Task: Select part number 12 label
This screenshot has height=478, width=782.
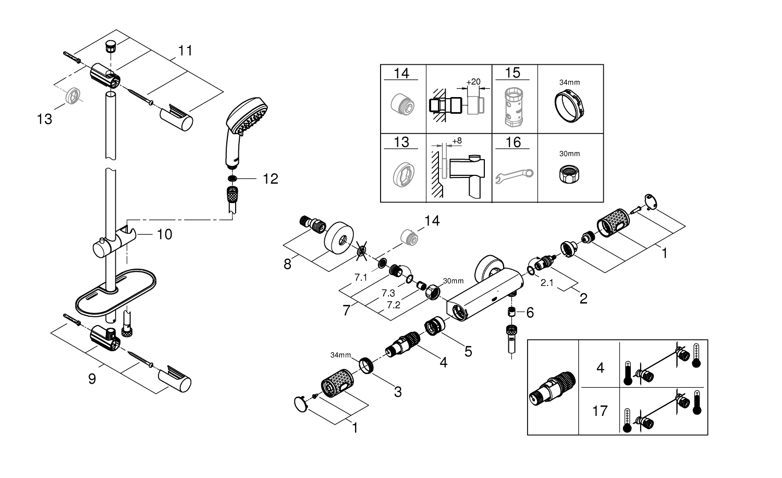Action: click(271, 179)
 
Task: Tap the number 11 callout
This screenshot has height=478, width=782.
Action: click(185, 51)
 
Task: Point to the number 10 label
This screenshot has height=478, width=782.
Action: click(164, 234)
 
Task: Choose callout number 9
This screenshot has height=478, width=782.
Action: click(92, 378)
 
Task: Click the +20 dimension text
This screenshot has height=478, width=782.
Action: click(473, 82)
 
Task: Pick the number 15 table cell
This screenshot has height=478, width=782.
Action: click(513, 73)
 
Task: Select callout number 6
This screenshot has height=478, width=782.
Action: click(530, 313)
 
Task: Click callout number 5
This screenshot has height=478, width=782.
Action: click(468, 351)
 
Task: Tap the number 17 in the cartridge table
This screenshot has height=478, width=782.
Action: click(600, 411)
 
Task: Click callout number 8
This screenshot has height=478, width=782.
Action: click(287, 264)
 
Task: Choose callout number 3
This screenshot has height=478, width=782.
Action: click(398, 391)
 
